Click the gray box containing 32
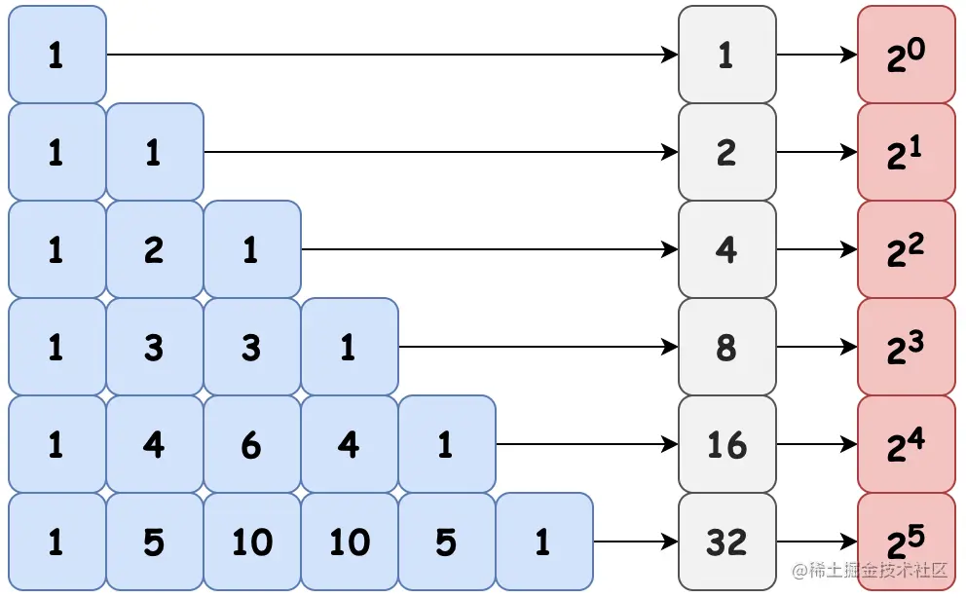(x=727, y=542)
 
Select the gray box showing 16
(x=727, y=444)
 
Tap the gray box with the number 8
(x=727, y=347)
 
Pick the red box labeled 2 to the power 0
(x=907, y=55)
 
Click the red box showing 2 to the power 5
(x=907, y=542)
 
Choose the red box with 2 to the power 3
(x=907, y=347)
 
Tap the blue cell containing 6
(x=252, y=444)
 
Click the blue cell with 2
(x=155, y=249)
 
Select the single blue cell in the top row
(x=57, y=55)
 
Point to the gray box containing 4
(x=727, y=249)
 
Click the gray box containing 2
(x=727, y=152)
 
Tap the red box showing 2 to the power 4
(x=907, y=444)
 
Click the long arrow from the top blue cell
(x=392, y=55)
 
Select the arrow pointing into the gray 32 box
(x=636, y=542)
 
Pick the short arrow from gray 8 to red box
(x=817, y=347)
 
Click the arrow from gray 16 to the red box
(x=817, y=444)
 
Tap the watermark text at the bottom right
(x=870, y=571)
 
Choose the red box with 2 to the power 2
(x=907, y=249)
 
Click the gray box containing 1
(x=727, y=55)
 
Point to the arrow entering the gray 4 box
(x=490, y=249)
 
